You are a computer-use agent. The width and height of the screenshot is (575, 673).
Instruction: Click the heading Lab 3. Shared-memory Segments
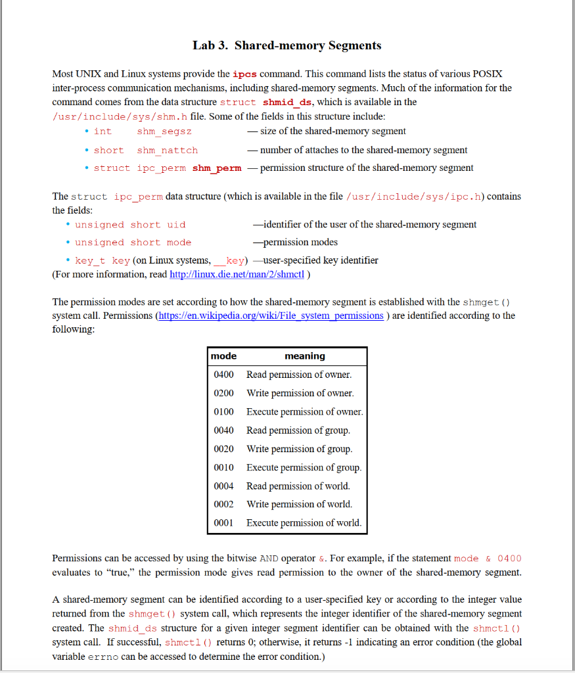click(x=287, y=45)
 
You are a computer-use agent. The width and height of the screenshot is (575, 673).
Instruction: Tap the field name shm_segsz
click(x=164, y=131)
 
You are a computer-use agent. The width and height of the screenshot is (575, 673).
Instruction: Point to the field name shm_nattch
click(x=167, y=151)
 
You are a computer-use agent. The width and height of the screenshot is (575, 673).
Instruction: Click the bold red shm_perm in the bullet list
click(x=217, y=168)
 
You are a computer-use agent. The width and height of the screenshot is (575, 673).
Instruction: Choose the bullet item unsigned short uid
click(x=130, y=225)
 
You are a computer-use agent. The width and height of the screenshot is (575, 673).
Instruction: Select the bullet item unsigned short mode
click(x=133, y=243)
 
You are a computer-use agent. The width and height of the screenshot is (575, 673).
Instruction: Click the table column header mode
click(x=224, y=356)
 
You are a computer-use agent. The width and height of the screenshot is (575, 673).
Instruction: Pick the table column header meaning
click(x=304, y=356)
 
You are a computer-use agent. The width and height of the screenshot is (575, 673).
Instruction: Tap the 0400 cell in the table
click(x=224, y=375)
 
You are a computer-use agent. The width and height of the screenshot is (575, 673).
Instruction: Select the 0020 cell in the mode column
click(x=224, y=449)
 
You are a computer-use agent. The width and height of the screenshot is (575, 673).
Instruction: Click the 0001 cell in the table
click(x=224, y=523)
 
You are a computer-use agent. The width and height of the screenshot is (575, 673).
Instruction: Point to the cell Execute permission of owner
click(x=304, y=412)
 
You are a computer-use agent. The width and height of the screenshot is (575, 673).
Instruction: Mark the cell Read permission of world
click(x=298, y=486)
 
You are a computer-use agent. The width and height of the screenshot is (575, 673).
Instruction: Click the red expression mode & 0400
click(x=488, y=559)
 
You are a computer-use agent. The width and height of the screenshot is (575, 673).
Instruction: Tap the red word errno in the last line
click(x=103, y=657)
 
